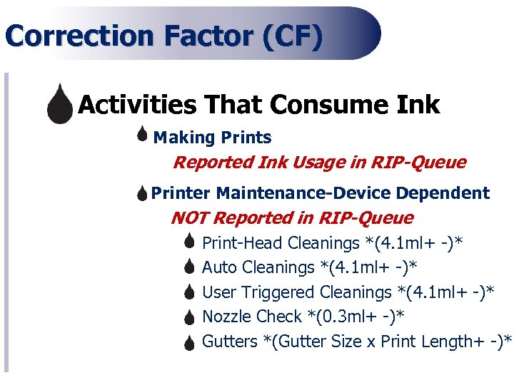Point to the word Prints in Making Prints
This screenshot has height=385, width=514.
pyautogui.click(x=246, y=137)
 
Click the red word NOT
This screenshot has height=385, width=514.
pyautogui.click(x=190, y=217)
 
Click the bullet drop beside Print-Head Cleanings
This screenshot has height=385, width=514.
pyautogui.click(x=189, y=242)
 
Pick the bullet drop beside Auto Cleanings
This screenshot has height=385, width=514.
pyautogui.click(x=189, y=267)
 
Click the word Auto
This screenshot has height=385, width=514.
pyautogui.click(x=218, y=267)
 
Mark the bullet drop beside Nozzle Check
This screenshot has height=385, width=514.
pyautogui.click(x=189, y=317)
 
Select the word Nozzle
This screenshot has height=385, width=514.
pyautogui.click(x=227, y=317)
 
